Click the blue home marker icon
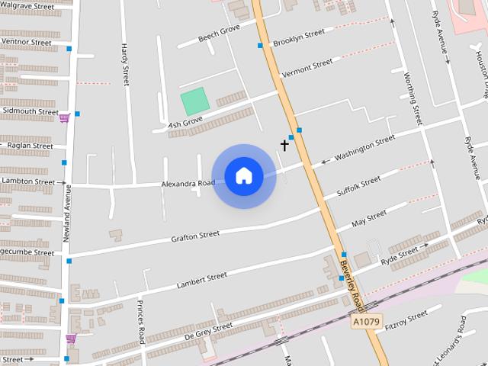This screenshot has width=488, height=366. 243,176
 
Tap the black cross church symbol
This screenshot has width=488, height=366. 284,144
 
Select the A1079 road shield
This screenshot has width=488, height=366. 366,323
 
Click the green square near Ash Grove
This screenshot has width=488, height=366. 194,101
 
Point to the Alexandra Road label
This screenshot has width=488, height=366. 188,184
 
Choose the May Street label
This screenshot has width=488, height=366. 369,220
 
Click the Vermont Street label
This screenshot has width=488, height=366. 307,67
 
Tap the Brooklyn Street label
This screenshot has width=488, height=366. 299,37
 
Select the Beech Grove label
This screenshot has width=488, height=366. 219,34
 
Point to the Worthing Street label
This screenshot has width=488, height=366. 413,99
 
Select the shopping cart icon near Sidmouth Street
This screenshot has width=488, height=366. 65,117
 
